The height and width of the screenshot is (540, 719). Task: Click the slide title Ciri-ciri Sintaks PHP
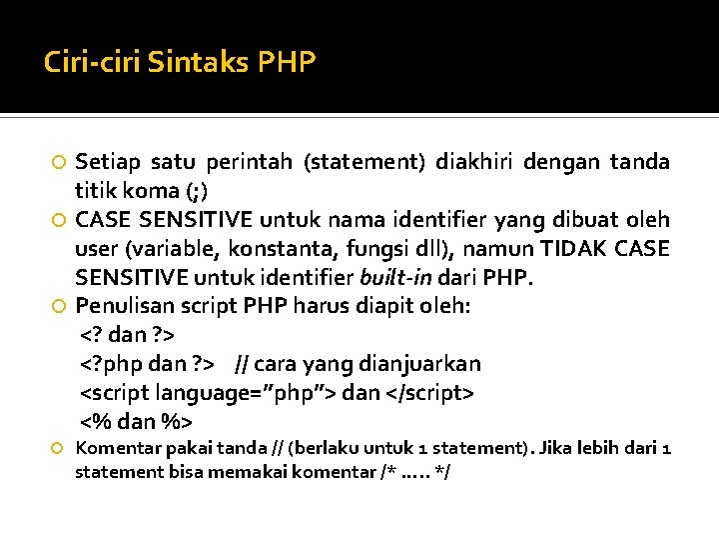point(180,63)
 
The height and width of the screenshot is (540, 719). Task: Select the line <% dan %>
point(137,421)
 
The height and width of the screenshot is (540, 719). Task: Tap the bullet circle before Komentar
point(59,448)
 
